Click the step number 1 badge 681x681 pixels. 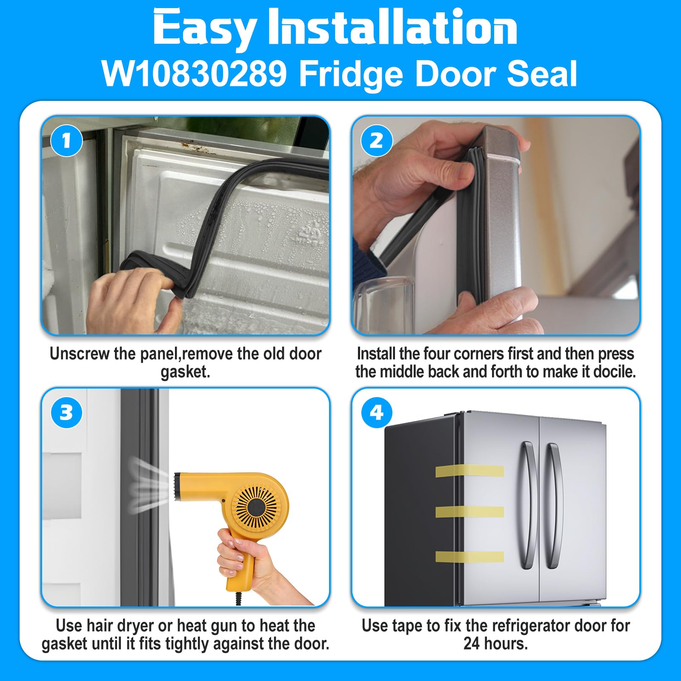coord(66,141)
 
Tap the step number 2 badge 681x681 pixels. coord(377,141)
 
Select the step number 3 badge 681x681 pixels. coord(66,412)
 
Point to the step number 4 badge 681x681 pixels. coord(377,412)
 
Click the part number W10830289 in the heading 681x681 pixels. coord(195,74)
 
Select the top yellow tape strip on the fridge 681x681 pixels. coord(469,471)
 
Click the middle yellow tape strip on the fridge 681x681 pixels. coord(469,512)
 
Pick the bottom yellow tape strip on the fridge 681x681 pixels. coord(469,556)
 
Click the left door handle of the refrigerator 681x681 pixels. coord(527,504)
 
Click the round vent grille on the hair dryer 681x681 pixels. coord(256,506)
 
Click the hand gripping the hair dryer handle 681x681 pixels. coord(243,553)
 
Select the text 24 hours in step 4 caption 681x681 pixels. coord(495,644)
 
